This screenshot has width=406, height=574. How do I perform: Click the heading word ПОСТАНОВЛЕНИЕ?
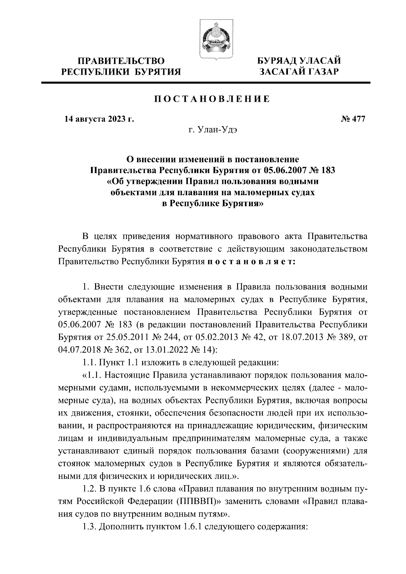click(x=212, y=99)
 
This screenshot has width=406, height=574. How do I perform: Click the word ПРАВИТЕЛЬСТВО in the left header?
click(x=121, y=61)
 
